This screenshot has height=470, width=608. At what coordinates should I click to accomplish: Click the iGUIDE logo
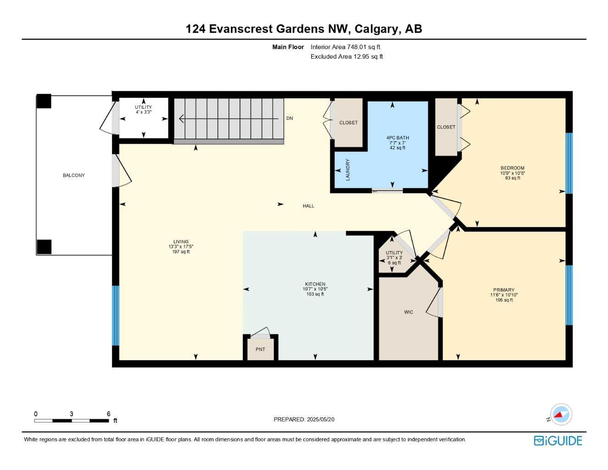558,441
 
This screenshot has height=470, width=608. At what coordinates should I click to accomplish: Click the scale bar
72,420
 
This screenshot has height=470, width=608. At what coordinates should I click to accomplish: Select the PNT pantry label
260,349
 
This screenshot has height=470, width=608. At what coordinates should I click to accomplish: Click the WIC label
408,312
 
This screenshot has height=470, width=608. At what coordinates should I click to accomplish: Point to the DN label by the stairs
290,118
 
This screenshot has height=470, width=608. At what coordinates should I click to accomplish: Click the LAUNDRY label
348,170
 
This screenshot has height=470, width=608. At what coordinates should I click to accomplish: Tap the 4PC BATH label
397,138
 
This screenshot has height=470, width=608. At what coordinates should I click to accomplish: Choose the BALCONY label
73,175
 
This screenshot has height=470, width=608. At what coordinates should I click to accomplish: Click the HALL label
308,206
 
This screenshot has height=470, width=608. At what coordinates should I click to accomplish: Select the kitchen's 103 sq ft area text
315,294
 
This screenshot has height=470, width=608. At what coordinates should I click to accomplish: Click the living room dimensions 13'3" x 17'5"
181,246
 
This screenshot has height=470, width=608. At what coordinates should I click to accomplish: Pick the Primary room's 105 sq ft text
504,300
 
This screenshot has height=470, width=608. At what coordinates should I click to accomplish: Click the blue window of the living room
116,316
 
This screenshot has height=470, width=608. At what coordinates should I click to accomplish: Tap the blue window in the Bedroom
569,163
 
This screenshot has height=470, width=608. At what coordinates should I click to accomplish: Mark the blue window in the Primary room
569,295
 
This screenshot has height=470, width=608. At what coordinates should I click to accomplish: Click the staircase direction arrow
229,118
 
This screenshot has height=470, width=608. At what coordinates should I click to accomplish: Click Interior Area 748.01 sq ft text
345,47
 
